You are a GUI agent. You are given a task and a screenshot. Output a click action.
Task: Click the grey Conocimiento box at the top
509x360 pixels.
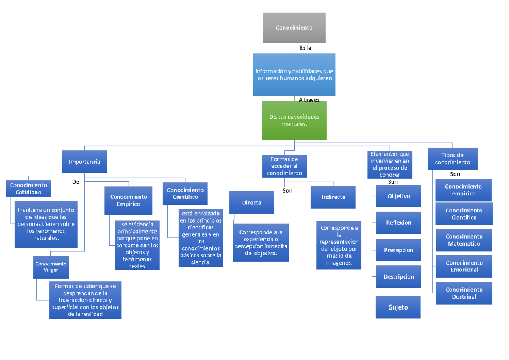pyautogui.click(x=294, y=28)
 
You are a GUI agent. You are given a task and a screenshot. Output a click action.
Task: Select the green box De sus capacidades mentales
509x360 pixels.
pyautogui.click(x=294, y=120)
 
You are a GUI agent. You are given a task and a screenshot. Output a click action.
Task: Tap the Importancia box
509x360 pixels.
pyautogui.click(x=84, y=162)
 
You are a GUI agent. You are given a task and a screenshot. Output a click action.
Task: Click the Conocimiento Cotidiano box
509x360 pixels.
pyautogui.click(x=28, y=189)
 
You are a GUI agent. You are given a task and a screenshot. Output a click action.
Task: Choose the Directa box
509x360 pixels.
pyautogui.click(x=252, y=203)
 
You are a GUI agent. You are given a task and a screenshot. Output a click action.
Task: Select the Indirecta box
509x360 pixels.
pyautogui.click(x=333, y=197)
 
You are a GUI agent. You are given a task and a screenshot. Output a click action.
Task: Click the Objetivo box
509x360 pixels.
pyautogui.click(x=398, y=196)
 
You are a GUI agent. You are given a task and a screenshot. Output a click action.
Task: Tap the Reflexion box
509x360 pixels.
pyautogui.click(x=398, y=223)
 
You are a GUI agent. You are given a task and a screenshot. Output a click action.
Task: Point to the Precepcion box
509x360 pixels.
pyautogui.click(x=398, y=250)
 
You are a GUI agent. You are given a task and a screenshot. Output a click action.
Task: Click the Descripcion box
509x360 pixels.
pyautogui.click(x=398, y=277)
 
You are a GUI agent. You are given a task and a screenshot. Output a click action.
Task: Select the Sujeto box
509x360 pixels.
pyautogui.click(x=398, y=307)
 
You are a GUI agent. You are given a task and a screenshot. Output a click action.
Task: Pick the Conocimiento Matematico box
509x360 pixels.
pyautogui.click(x=464, y=240)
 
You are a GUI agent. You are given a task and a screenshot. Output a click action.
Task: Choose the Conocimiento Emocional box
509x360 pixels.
pyautogui.click(x=464, y=266)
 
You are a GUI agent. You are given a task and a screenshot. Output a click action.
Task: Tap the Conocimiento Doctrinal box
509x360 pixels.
pyautogui.click(x=464, y=293)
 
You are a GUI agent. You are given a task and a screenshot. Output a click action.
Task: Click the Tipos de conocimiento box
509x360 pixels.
pyautogui.click(x=452, y=159)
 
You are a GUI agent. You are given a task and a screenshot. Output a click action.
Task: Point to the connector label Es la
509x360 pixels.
pyautogui.click(x=305, y=48)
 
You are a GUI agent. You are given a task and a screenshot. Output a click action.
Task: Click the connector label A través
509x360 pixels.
pyautogui.click(x=309, y=100)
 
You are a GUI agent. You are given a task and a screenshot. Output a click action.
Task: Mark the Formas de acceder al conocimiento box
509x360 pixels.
pyautogui.click(x=284, y=166)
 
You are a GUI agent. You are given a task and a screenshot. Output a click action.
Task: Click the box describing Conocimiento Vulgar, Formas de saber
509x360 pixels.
pyautogui.click(x=85, y=300)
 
